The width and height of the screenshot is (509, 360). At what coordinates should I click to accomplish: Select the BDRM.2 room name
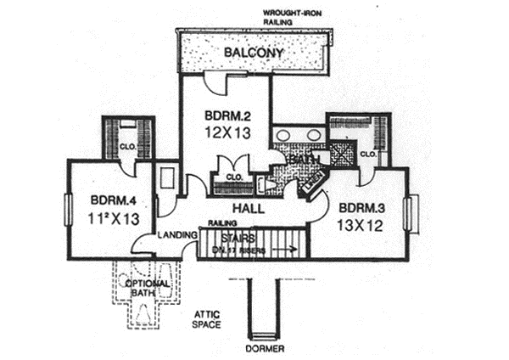tap(224, 115)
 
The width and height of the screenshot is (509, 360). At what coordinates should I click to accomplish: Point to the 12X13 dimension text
tap(225, 132)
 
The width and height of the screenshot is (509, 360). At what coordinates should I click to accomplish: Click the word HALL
tap(249, 208)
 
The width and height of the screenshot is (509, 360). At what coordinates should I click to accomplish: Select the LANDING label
tap(176, 235)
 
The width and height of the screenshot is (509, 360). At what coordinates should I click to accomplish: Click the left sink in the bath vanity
tap(283, 135)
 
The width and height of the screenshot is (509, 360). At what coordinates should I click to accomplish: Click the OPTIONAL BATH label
tap(149, 289)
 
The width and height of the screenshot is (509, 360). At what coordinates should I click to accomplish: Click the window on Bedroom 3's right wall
tap(413, 213)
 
